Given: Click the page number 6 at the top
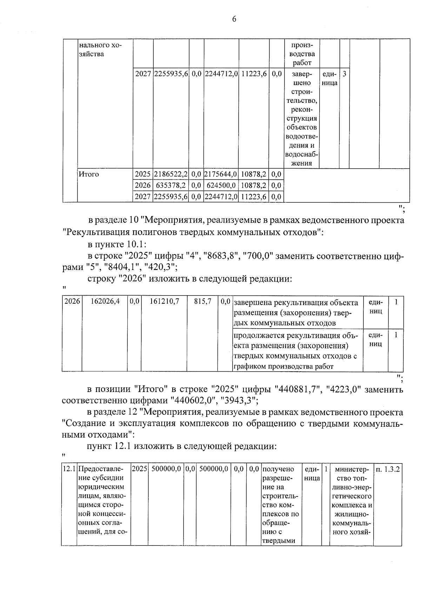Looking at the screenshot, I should click(x=234, y=19).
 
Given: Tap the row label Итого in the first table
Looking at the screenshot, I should click(x=89, y=174).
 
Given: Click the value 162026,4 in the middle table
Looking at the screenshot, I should click(x=105, y=302).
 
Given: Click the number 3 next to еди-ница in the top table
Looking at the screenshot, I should click(x=344, y=74).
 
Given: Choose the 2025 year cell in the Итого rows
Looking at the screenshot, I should click(x=142, y=174).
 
